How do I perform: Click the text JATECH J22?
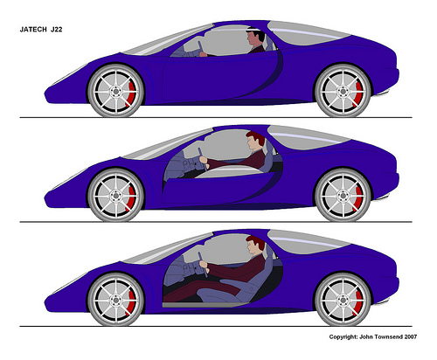(41, 30)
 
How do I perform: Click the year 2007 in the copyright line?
(411, 336)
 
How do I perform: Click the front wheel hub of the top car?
(116, 91)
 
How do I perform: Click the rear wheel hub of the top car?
(343, 91)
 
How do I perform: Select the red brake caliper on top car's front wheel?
(131, 93)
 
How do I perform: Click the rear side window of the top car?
(308, 32)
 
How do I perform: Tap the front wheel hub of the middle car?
(116, 195)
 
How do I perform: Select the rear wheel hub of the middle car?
(343, 195)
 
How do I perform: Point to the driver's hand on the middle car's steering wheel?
(204, 160)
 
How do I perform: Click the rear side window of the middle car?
(308, 136)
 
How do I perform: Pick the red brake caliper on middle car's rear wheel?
(358, 197)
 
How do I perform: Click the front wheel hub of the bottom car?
(116, 300)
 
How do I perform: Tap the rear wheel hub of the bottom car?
(343, 300)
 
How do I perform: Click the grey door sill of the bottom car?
(205, 305)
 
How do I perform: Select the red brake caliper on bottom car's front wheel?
(131, 302)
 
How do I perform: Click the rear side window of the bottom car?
(308, 241)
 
